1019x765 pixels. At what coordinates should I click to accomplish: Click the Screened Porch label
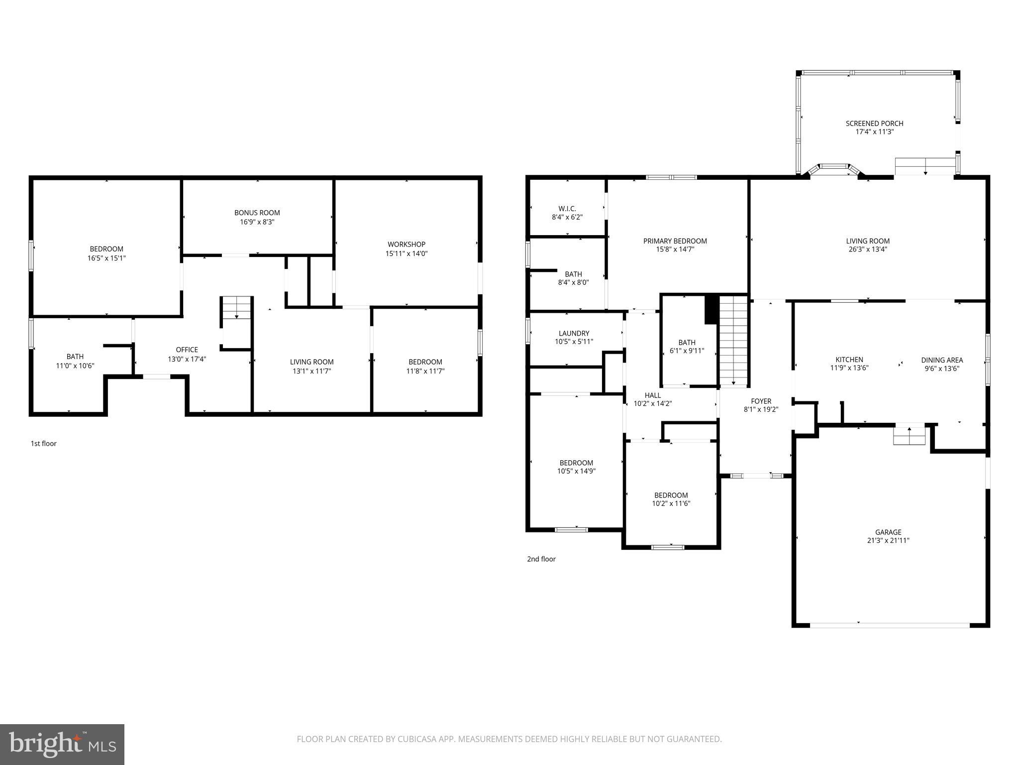(x=874, y=124)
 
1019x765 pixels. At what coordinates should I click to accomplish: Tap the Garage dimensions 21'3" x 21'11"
(x=888, y=540)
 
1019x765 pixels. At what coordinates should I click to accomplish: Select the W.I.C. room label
(x=567, y=209)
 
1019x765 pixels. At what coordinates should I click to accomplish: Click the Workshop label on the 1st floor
(x=407, y=244)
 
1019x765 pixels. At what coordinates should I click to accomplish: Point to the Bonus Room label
(x=257, y=213)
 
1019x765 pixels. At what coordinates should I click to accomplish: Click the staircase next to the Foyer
(x=734, y=341)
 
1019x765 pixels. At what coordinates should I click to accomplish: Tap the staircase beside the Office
(x=236, y=308)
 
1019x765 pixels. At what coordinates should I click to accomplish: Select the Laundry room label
(x=574, y=333)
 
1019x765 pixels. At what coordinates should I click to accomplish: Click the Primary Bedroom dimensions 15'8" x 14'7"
(x=675, y=250)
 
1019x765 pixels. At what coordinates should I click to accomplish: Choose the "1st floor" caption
(x=44, y=443)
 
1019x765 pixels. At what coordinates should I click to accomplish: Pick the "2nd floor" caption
(x=541, y=559)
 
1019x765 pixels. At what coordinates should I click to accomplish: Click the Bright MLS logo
(x=62, y=744)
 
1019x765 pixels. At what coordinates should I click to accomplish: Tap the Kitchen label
(x=849, y=360)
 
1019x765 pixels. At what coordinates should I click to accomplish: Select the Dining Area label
(x=942, y=360)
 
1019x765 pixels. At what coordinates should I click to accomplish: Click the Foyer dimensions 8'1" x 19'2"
(x=761, y=409)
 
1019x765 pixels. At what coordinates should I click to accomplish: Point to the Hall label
(x=652, y=395)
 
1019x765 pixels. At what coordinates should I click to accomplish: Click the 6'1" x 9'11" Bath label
(x=687, y=342)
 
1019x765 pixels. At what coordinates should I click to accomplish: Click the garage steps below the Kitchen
(x=909, y=436)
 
